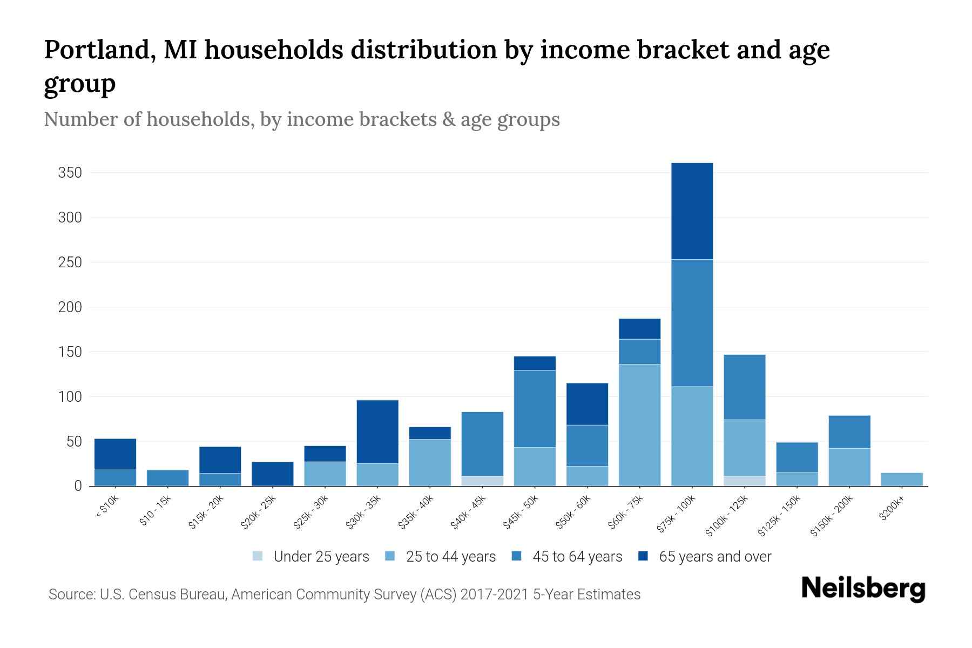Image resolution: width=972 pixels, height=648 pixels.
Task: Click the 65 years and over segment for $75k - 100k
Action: (692, 211)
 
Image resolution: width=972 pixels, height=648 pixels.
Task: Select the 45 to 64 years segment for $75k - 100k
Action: (692, 323)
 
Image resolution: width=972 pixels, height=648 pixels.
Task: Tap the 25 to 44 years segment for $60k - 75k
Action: (639, 425)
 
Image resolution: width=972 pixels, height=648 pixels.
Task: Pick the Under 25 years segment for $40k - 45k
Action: (482, 481)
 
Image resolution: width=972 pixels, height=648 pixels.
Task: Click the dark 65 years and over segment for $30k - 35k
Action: (377, 431)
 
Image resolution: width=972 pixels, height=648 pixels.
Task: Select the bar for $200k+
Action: (902, 480)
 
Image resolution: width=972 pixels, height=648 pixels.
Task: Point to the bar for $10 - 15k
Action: (167, 478)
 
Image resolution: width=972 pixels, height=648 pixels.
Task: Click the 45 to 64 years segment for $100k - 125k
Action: (744, 387)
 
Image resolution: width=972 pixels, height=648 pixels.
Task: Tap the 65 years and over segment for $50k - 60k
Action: (587, 404)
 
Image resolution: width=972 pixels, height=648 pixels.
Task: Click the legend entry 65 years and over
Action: (705, 556)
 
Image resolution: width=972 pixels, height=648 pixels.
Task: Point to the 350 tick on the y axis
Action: (70, 173)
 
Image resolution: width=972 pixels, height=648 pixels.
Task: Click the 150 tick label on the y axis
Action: (70, 352)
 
